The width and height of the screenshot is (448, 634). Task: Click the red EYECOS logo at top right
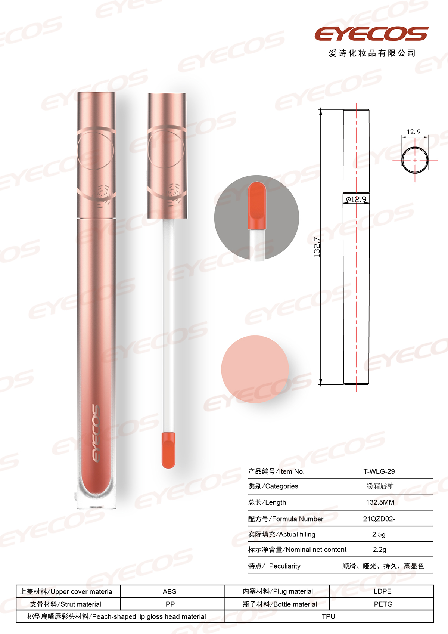pyautogui.click(x=371, y=34)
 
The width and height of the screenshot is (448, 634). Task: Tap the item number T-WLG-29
pyautogui.click(x=379, y=471)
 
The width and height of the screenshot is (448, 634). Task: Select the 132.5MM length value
pyautogui.click(x=380, y=502)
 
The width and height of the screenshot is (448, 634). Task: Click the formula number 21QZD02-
pyautogui.click(x=379, y=519)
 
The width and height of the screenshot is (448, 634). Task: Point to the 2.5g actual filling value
pyautogui.click(x=379, y=534)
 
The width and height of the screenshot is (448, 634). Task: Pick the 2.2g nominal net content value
pyautogui.click(x=379, y=549)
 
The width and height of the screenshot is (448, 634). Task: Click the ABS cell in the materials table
pyautogui.click(x=169, y=591)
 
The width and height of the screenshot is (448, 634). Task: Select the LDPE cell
pyautogui.click(x=382, y=591)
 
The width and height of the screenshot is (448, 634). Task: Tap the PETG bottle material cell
pyautogui.click(x=383, y=604)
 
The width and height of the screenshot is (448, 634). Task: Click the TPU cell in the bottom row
pyautogui.click(x=329, y=616)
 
